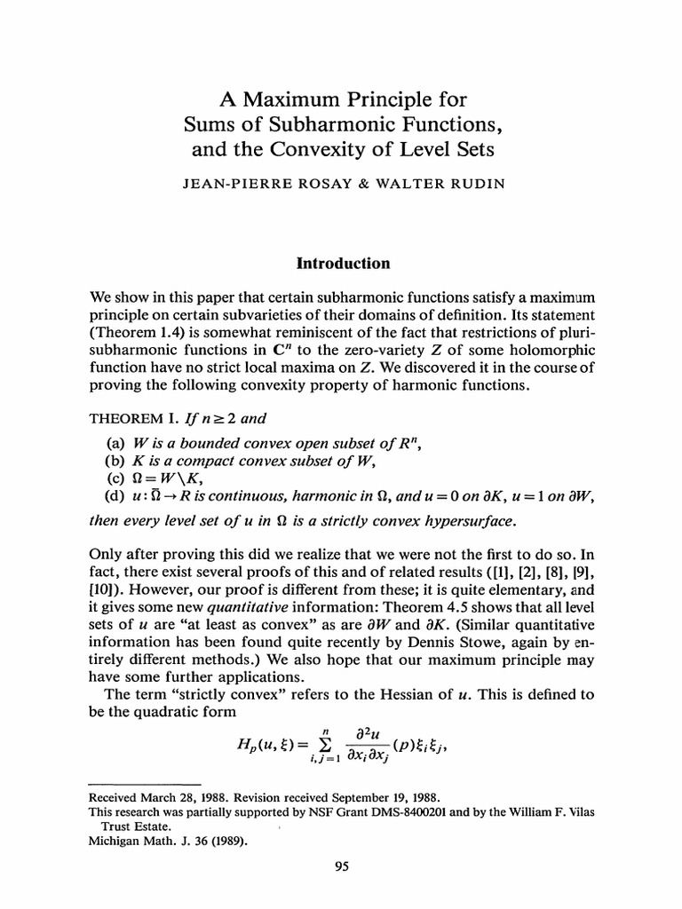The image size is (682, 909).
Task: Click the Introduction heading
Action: click(x=343, y=264)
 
